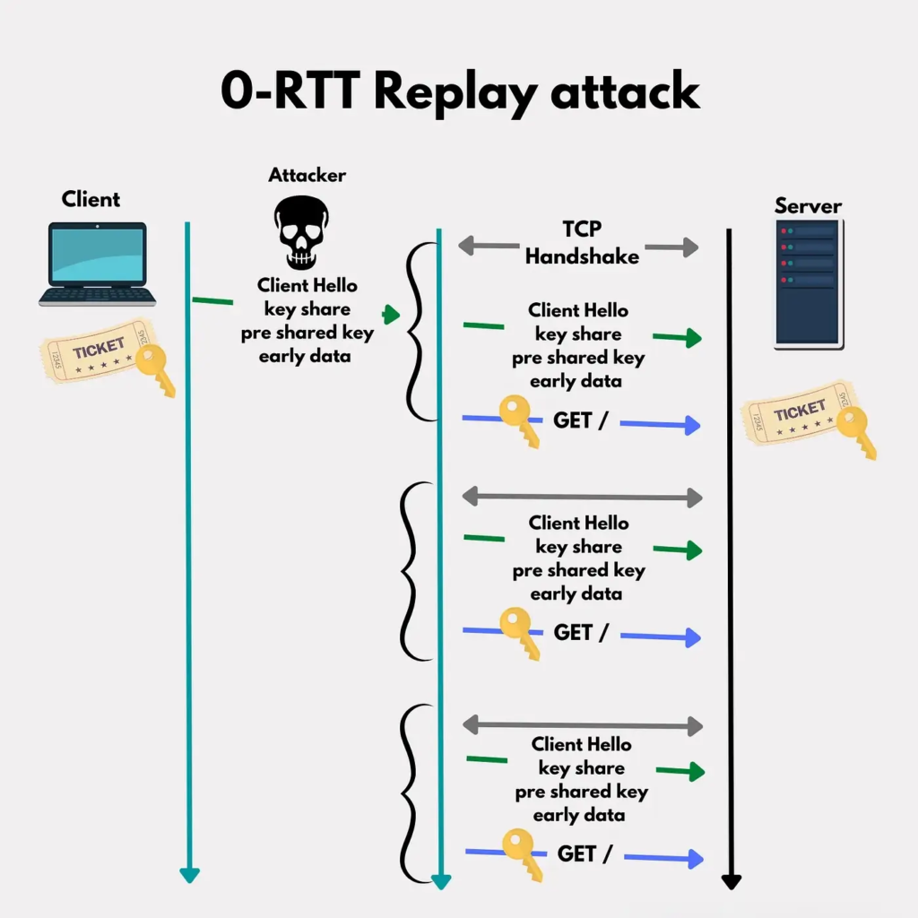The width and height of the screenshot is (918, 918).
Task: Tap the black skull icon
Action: click(x=301, y=232)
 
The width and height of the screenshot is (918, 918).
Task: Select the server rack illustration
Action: click(x=808, y=282)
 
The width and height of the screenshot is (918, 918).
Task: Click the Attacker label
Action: click(x=307, y=175)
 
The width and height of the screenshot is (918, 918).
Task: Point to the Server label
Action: click(x=808, y=206)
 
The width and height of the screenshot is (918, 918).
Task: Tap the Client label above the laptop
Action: click(x=91, y=199)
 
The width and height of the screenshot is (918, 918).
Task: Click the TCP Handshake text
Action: click(x=582, y=243)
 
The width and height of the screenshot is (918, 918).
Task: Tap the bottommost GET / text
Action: click(x=584, y=853)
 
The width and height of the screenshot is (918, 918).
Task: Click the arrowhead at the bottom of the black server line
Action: click(x=732, y=882)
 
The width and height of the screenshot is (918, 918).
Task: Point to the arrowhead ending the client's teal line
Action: click(x=188, y=875)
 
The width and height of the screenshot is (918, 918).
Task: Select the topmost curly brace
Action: click(x=411, y=332)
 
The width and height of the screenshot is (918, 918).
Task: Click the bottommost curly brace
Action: click(x=411, y=793)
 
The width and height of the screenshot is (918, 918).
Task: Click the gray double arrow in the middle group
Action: click(x=582, y=497)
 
